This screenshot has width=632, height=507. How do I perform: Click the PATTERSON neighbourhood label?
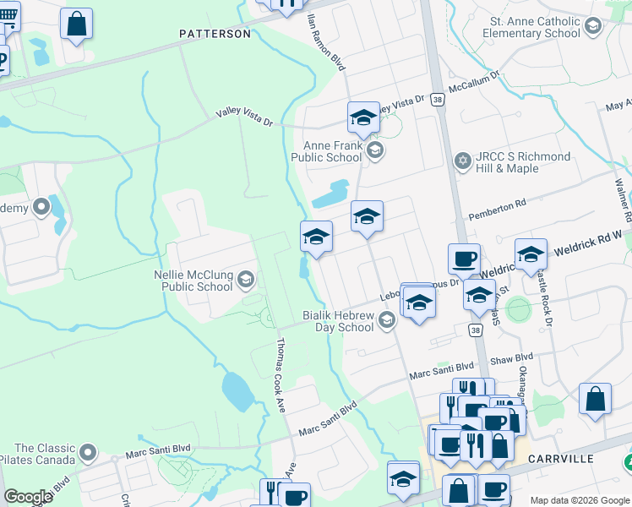(215, 34)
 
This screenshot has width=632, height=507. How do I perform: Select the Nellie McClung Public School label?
(193, 281)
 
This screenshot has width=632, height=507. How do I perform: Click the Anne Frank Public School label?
(326, 151)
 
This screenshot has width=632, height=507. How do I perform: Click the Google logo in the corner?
(28, 497)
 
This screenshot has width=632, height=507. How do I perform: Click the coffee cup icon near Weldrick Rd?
(463, 259)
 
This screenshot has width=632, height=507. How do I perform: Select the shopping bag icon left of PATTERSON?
(77, 25)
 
